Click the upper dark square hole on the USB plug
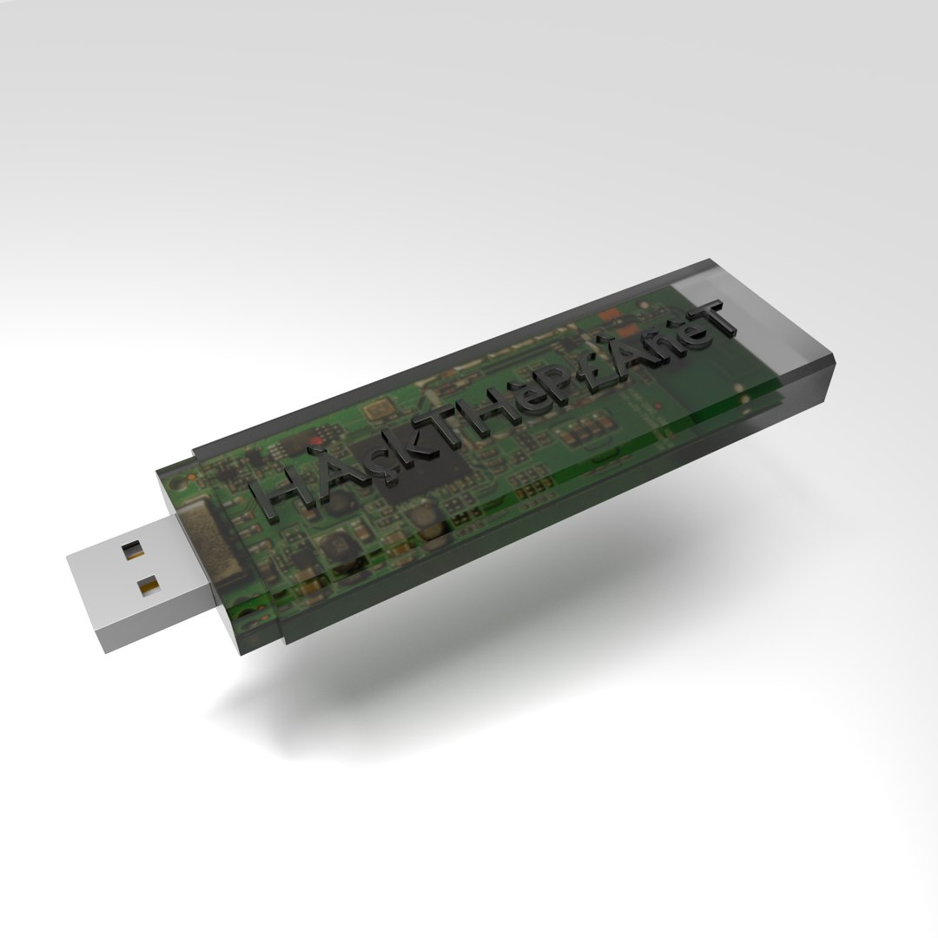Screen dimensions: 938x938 (x=133, y=549)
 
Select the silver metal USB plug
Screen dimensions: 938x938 (x=139, y=582)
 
